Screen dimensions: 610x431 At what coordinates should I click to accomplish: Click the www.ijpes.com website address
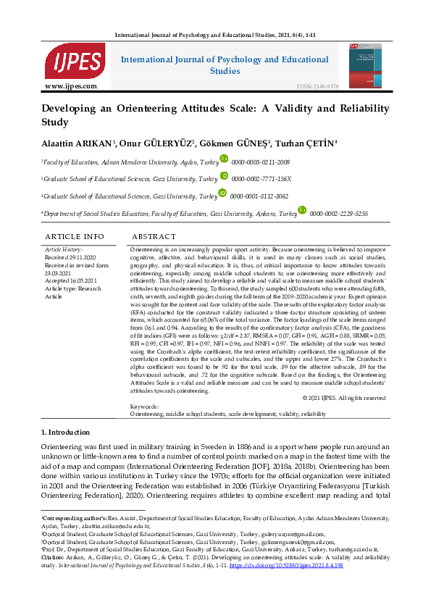tap(71, 86)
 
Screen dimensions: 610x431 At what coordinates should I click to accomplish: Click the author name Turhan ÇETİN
tap(309, 143)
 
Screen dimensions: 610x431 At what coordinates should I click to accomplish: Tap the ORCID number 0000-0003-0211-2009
tap(260, 162)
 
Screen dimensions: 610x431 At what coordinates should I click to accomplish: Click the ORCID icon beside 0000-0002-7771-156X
tap(224, 177)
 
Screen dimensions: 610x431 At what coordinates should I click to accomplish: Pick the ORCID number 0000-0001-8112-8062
tap(261, 196)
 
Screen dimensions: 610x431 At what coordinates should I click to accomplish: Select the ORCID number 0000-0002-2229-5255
tap(338, 214)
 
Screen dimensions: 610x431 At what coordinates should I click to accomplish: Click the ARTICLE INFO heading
tap(74, 237)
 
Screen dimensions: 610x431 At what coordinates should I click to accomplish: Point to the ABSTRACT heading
tap(154, 237)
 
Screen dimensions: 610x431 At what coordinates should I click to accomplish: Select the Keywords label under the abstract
tap(144, 407)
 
